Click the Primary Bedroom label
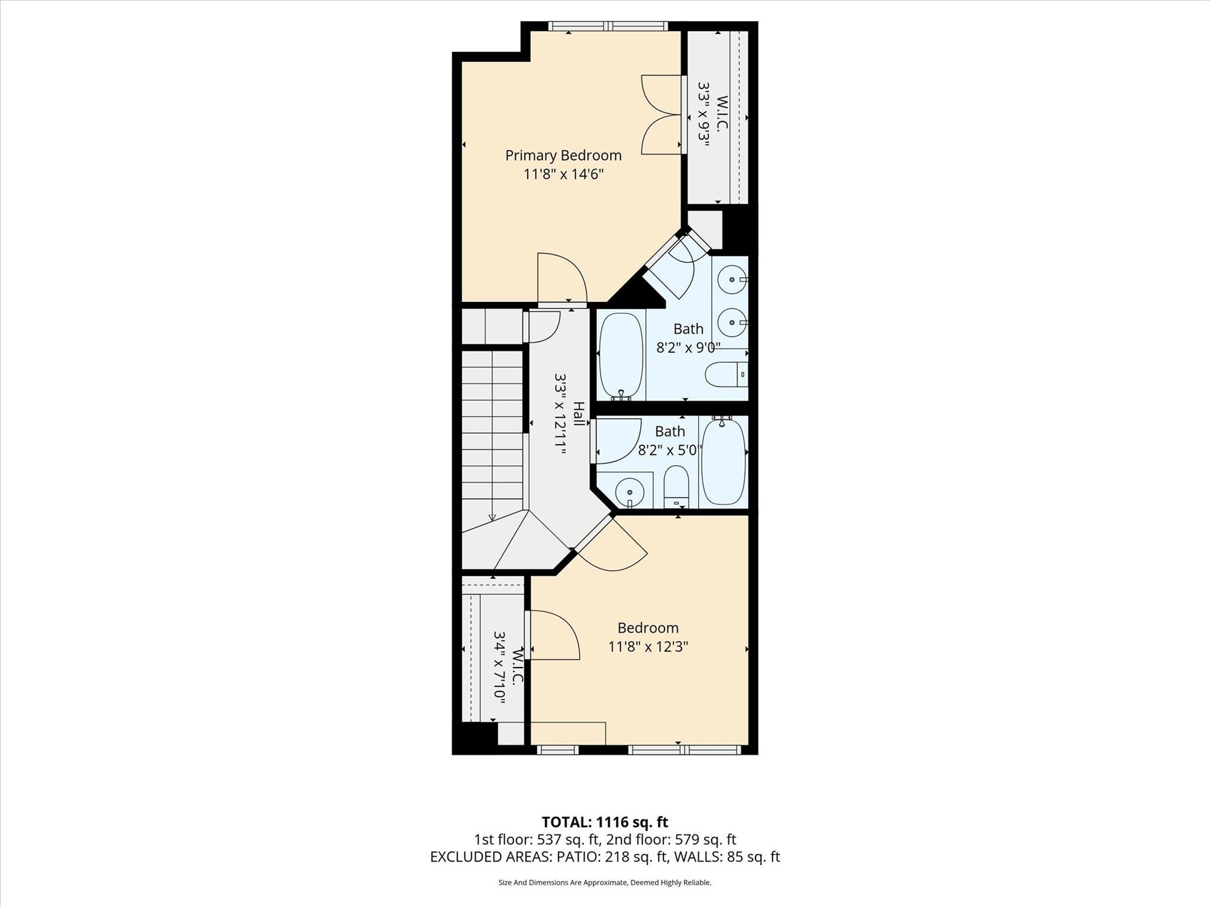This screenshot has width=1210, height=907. pyautogui.click(x=563, y=155)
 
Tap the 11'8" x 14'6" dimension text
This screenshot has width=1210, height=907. pyautogui.click(x=563, y=174)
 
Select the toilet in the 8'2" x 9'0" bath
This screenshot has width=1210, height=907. pyautogui.click(x=726, y=374)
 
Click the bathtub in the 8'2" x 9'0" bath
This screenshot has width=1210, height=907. pyautogui.click(x=621, y=355)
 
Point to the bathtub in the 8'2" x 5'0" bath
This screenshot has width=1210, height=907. pyautogui.click(x=724, y=461)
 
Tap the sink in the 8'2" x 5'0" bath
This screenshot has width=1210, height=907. pyautogui.click(x=630, y=492)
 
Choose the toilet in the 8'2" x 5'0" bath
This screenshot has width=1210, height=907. pyautogui.click(x=676, y=487)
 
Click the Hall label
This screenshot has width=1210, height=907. pyautogui.click(x=579, y=413)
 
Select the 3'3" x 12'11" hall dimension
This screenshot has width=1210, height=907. pyautogui.click(x=560, y=413)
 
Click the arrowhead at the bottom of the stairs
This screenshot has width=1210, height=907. pyautogui.click(x=492, y=518)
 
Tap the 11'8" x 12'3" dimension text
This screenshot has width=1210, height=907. pyautogui.click(x=648, y=647)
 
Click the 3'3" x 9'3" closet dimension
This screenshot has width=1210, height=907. pyautogui.click(x=703, y=114)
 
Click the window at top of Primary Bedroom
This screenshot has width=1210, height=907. pyautogui.click(x=607, y=26)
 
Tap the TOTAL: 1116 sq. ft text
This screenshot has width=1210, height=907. pyautogui.click(x=605, y=822)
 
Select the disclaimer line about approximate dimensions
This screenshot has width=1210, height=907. pyautogui.click(x=605, y=883)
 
